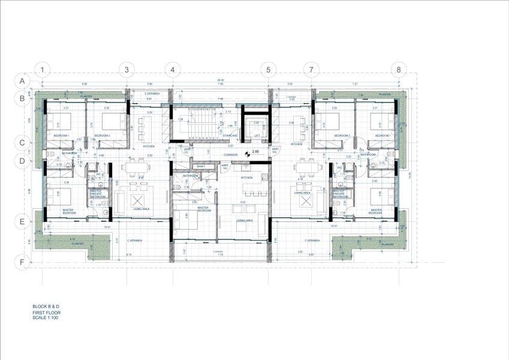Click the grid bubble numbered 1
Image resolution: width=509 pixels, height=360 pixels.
pos(43,70)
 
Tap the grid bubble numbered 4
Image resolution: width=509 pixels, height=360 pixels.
pos(172,70)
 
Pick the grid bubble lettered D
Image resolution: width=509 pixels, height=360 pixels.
pos(22,161)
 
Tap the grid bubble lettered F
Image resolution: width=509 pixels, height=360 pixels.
pos(22,262)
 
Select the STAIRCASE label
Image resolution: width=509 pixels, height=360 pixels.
pos(231,136)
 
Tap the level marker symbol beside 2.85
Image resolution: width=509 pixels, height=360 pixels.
pos(246,152)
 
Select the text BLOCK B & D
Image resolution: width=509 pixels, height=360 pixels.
pos(46,307)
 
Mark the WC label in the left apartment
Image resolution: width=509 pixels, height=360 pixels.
pos(98,175)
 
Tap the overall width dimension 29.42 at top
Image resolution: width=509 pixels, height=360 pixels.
pos(220,79)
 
